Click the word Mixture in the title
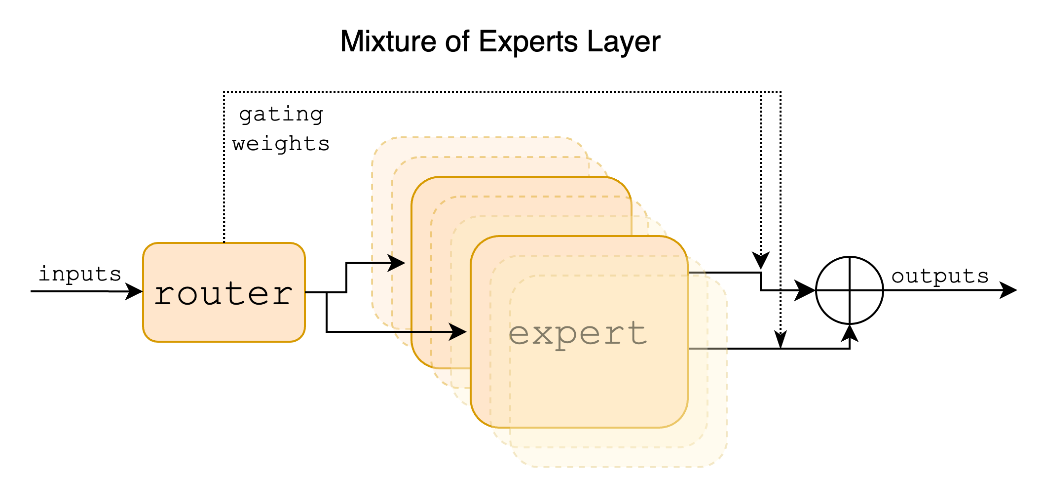(388, 41)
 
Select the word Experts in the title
(527, 42)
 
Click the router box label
(224, 294)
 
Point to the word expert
(578, 334)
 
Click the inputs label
(80, 274)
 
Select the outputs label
(940, 276)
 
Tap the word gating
(281, 115)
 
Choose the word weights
(281, 144)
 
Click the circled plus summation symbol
(849, 290)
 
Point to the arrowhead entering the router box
(134, 291)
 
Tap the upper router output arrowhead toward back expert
(397, 263)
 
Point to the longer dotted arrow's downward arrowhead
(780, 340)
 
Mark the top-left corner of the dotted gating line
(224, 92)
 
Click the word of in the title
(456, 41)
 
